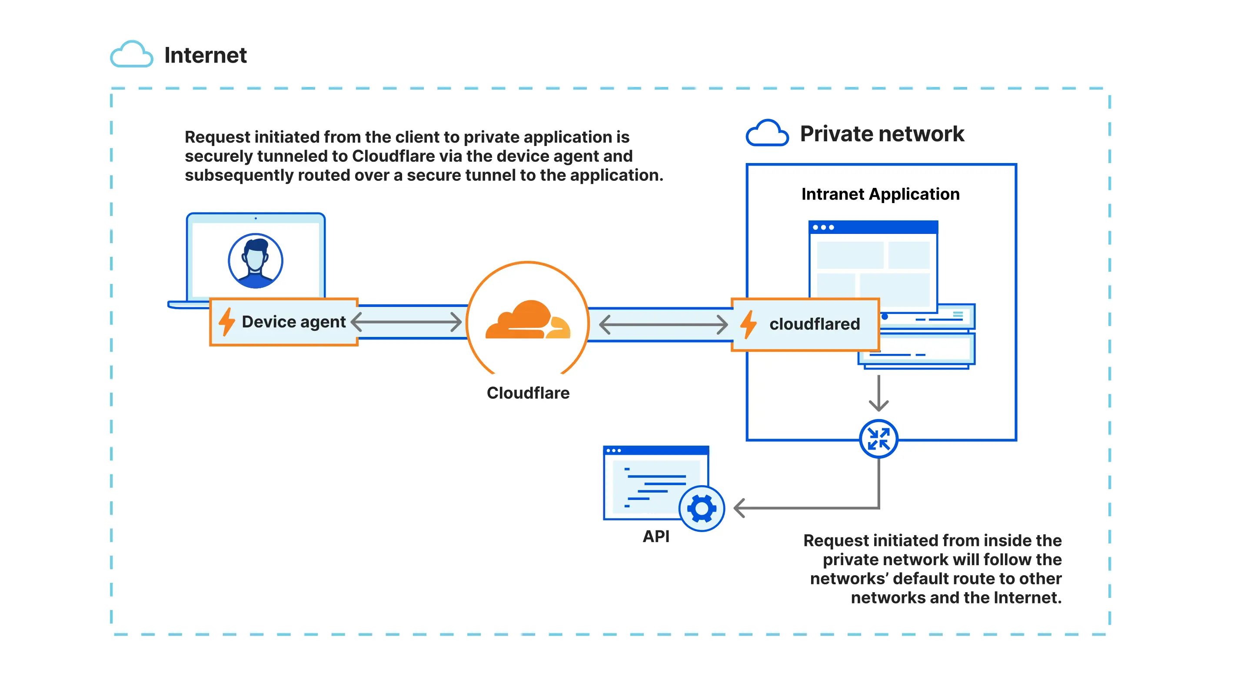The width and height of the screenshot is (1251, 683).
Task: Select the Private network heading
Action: coord(882,133)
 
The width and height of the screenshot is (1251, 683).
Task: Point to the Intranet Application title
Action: coord(880,194)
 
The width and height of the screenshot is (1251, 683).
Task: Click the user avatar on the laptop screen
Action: coord(256,261)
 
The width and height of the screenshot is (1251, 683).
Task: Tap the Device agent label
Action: coord(293,322)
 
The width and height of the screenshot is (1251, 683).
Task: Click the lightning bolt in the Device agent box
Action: coord(226,322)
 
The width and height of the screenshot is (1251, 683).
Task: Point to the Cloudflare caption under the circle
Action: coord(528,393)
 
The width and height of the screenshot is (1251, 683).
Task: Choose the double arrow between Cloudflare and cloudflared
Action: coord(663,324)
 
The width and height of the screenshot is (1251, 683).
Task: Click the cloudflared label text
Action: coord(815,324)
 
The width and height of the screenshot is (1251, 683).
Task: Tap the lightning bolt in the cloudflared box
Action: coord(749,324)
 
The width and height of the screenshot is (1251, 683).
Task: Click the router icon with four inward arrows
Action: coord(878,439)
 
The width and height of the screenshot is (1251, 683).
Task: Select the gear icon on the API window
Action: coord(701,508)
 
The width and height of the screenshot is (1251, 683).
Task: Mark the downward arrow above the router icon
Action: coord(878,393)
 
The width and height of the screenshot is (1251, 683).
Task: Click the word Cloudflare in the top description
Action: coord(393,156)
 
